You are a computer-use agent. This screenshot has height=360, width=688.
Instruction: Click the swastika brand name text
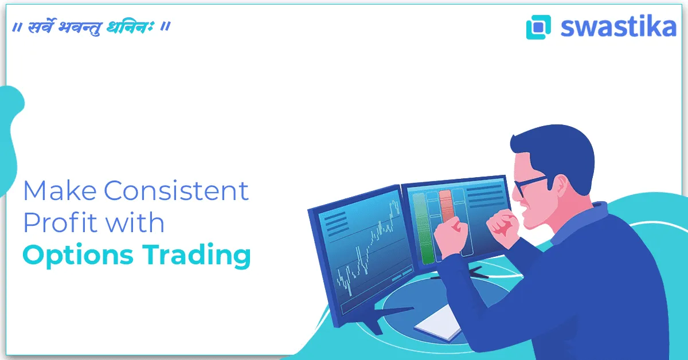tap(618, 27)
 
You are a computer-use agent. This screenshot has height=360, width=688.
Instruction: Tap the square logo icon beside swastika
tap(538, 27)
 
